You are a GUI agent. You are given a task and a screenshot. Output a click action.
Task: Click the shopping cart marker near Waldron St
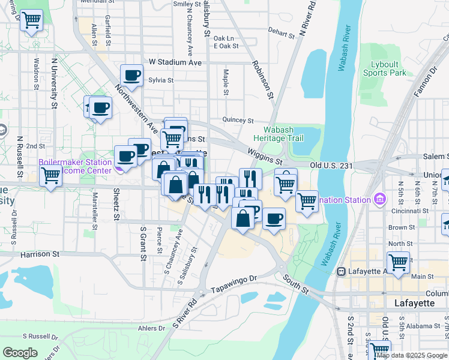[32, 22]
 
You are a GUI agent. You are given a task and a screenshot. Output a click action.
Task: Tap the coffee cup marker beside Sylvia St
[131, 76]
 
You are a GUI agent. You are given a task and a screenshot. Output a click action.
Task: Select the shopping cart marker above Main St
[397, 262]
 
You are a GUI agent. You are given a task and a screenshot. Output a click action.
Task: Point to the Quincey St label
[238, 120]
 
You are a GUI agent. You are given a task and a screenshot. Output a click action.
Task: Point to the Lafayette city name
[414, 303]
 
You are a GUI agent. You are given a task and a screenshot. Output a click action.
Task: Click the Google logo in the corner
[20, 353]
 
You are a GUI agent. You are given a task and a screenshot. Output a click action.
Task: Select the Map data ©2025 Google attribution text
[412, 355]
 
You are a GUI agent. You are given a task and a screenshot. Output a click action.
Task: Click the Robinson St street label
[263, 79]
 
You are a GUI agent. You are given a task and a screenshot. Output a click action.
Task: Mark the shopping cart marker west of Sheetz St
[51, 176]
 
